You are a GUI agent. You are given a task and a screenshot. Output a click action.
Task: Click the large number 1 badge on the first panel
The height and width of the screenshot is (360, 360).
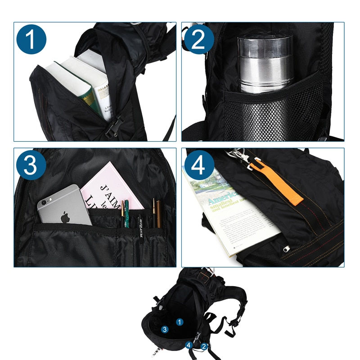[31, 40]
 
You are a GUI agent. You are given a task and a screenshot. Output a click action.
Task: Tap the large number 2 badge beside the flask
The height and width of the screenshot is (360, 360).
[198, 40]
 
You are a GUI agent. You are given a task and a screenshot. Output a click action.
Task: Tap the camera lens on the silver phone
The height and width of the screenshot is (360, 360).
[43, 202]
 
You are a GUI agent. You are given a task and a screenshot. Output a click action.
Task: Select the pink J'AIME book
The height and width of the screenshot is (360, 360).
[110, 189]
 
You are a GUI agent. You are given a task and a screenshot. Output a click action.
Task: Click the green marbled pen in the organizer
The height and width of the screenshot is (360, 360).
[127, 214]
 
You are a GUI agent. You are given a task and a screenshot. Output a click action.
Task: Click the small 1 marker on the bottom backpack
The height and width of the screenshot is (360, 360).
[179, 322]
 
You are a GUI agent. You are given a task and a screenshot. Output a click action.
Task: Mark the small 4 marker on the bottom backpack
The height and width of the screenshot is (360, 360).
[189, 345]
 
